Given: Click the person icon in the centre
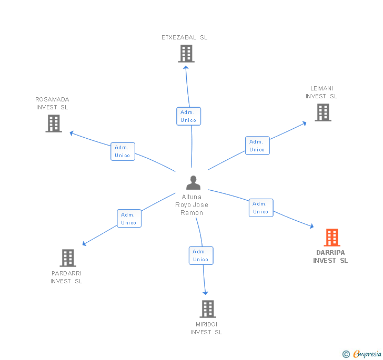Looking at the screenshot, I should click(194, 183).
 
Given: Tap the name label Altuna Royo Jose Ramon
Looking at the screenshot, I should click(191, 205).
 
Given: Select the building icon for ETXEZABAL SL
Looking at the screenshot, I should click(186, 54).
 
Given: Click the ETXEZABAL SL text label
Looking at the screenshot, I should click(185, 37).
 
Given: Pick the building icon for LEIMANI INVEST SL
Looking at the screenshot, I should click(323, 112).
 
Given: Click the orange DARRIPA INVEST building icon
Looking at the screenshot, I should click(332, 238).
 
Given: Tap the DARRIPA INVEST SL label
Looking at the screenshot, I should click(330, 256).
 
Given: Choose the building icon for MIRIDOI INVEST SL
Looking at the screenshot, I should click(208, 308).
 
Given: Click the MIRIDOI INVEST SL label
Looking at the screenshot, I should click(206, 328).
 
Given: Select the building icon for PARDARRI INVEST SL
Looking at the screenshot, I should click(68, 258).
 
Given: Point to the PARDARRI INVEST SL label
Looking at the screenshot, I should click(66, 277).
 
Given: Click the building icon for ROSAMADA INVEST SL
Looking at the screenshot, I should click(54, 124).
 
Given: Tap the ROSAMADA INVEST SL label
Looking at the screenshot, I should click(52, 103).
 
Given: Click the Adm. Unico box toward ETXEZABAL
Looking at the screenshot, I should click(188, 116).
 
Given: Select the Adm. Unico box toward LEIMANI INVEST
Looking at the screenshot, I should click(257, 146).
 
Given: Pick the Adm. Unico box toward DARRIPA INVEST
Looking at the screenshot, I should click(261, 208).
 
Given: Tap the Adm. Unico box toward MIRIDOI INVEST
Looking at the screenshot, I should click(201, 255).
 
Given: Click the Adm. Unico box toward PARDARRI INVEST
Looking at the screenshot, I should click(129, 219).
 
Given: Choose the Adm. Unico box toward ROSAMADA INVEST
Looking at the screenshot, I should click(123, 151).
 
